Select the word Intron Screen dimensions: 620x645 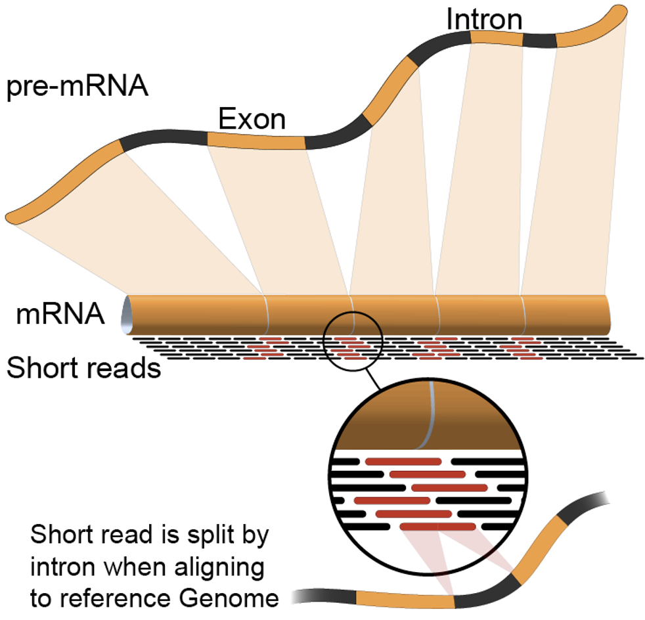(x=484, y=20)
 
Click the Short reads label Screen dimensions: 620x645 (x=83, y=368)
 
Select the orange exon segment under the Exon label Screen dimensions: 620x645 (x=256, y=140)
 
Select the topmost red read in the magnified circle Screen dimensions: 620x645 (x=403, y=460)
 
